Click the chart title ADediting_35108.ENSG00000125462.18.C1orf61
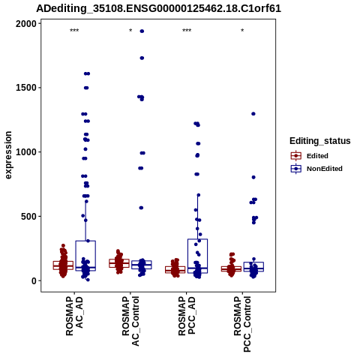159,8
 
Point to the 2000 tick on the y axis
26,24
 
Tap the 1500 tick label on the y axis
26,88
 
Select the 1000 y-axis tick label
26,152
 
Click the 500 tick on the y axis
28,216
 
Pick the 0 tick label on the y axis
34,280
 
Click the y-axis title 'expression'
8,155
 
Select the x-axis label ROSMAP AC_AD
74,316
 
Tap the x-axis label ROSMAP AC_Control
130,321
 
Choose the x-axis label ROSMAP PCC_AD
187,316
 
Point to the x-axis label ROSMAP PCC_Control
242,324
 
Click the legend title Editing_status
320,141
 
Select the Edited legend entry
310,156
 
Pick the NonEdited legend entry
316,169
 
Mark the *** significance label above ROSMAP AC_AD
74,31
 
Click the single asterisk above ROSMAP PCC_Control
242,31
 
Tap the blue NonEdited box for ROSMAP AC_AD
85,256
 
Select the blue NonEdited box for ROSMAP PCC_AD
197,256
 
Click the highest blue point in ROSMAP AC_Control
142,31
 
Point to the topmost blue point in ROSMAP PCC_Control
253,114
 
